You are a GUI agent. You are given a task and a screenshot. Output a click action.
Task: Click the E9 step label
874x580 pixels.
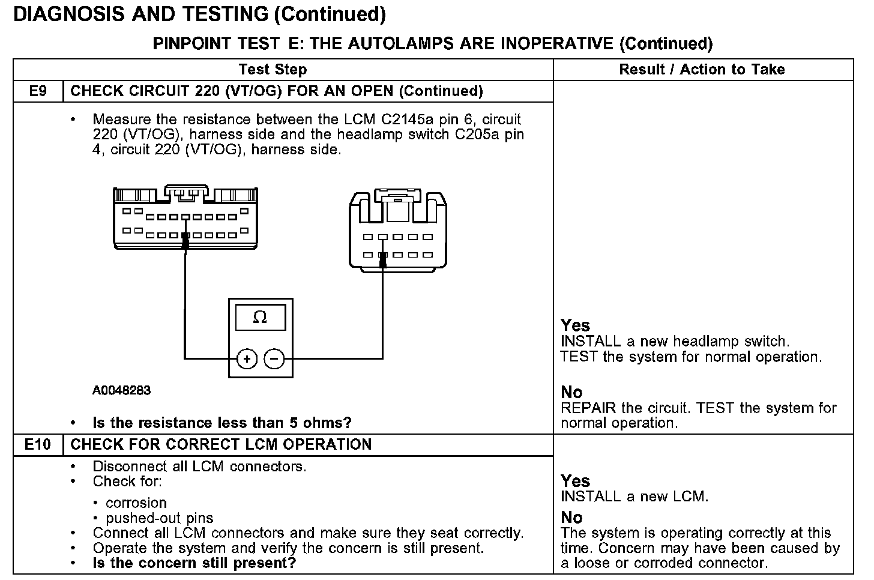pyautogui.click(x=38, y=91)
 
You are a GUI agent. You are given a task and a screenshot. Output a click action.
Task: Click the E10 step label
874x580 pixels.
pyautogui.click(x=38, y=445)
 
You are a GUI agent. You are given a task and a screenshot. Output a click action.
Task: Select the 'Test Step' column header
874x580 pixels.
pyautogui.click(x=273, y=70)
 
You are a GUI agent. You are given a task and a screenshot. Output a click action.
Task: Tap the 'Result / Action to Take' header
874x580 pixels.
pyautogui.click(x=702, y=70)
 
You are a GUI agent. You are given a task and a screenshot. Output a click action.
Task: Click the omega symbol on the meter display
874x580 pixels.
pyautogui.click(x=260, y=317)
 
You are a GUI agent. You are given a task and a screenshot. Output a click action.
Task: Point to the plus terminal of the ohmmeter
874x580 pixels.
pyautogui.click(x=247, y=359)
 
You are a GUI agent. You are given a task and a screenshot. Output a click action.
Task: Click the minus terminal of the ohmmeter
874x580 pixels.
pyautogui.click(x=274, y=359)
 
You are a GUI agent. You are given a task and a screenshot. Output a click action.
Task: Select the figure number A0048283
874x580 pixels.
pyautogui.click(x=121, y=391)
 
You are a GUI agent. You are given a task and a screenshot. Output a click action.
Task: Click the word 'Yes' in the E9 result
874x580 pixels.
pyautogui.click(x=575, y=325)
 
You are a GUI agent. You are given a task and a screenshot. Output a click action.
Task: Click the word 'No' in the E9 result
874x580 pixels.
pyautogui.click(x=571, y=393)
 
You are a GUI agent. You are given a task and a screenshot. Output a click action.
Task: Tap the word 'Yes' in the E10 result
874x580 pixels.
pyautogui.click(x=575, y=481)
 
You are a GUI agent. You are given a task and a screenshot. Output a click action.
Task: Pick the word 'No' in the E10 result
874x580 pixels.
pyautogui.click(x=571, y=518)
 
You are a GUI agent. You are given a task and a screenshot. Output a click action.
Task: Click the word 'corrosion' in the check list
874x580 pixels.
pyautogui.click(x=136, y=503)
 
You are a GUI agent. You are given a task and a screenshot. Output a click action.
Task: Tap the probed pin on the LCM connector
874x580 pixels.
pyautogui.click(x=185, y=236)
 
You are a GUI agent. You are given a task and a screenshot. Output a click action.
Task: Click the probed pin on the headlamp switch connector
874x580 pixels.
pyautogui.click(x=383, y=255)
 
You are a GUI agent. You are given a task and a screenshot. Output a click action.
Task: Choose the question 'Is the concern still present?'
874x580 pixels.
pyautogui.click(x=194, y=563)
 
